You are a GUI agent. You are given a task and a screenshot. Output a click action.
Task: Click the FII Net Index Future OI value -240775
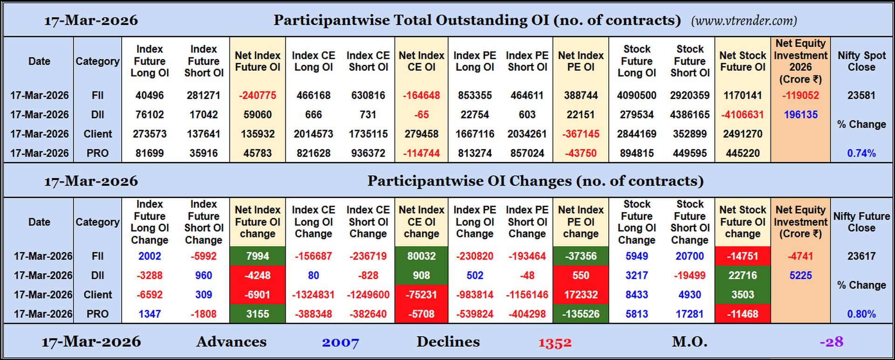click(257, 96)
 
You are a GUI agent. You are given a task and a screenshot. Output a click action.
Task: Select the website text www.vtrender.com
click(744, 21)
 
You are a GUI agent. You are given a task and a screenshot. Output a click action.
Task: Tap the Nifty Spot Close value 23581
click(861, 96)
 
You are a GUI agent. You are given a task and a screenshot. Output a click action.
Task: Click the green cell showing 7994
click(257, 256)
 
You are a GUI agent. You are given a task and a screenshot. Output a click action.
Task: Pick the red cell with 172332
click(580, 295)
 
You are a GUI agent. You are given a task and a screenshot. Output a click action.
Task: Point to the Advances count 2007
click(340, 343)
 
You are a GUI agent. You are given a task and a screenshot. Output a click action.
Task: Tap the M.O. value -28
click(832, 342)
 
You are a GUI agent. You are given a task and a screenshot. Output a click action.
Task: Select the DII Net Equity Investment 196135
click(800, 115)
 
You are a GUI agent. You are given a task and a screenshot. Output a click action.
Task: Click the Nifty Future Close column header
click(861, 222)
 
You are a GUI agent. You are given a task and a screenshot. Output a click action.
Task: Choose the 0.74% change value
click(861, 153)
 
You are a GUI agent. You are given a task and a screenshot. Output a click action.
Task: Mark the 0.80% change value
click(861, 314)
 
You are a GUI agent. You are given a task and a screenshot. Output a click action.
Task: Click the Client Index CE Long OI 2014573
click(313, 134)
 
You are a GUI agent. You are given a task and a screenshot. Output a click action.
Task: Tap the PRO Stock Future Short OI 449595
click(689, 153)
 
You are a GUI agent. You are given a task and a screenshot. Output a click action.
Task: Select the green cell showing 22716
click(742, 276)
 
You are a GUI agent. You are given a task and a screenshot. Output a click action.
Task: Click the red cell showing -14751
click(742, 256)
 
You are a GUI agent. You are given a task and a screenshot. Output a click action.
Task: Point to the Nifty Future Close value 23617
click(861, 256)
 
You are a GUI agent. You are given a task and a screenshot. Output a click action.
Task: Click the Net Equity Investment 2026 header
click(800, 61)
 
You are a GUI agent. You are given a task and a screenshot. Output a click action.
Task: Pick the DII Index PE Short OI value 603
click(527, 115)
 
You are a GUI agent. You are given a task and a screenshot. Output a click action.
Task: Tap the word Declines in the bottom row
click(448, 342)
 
